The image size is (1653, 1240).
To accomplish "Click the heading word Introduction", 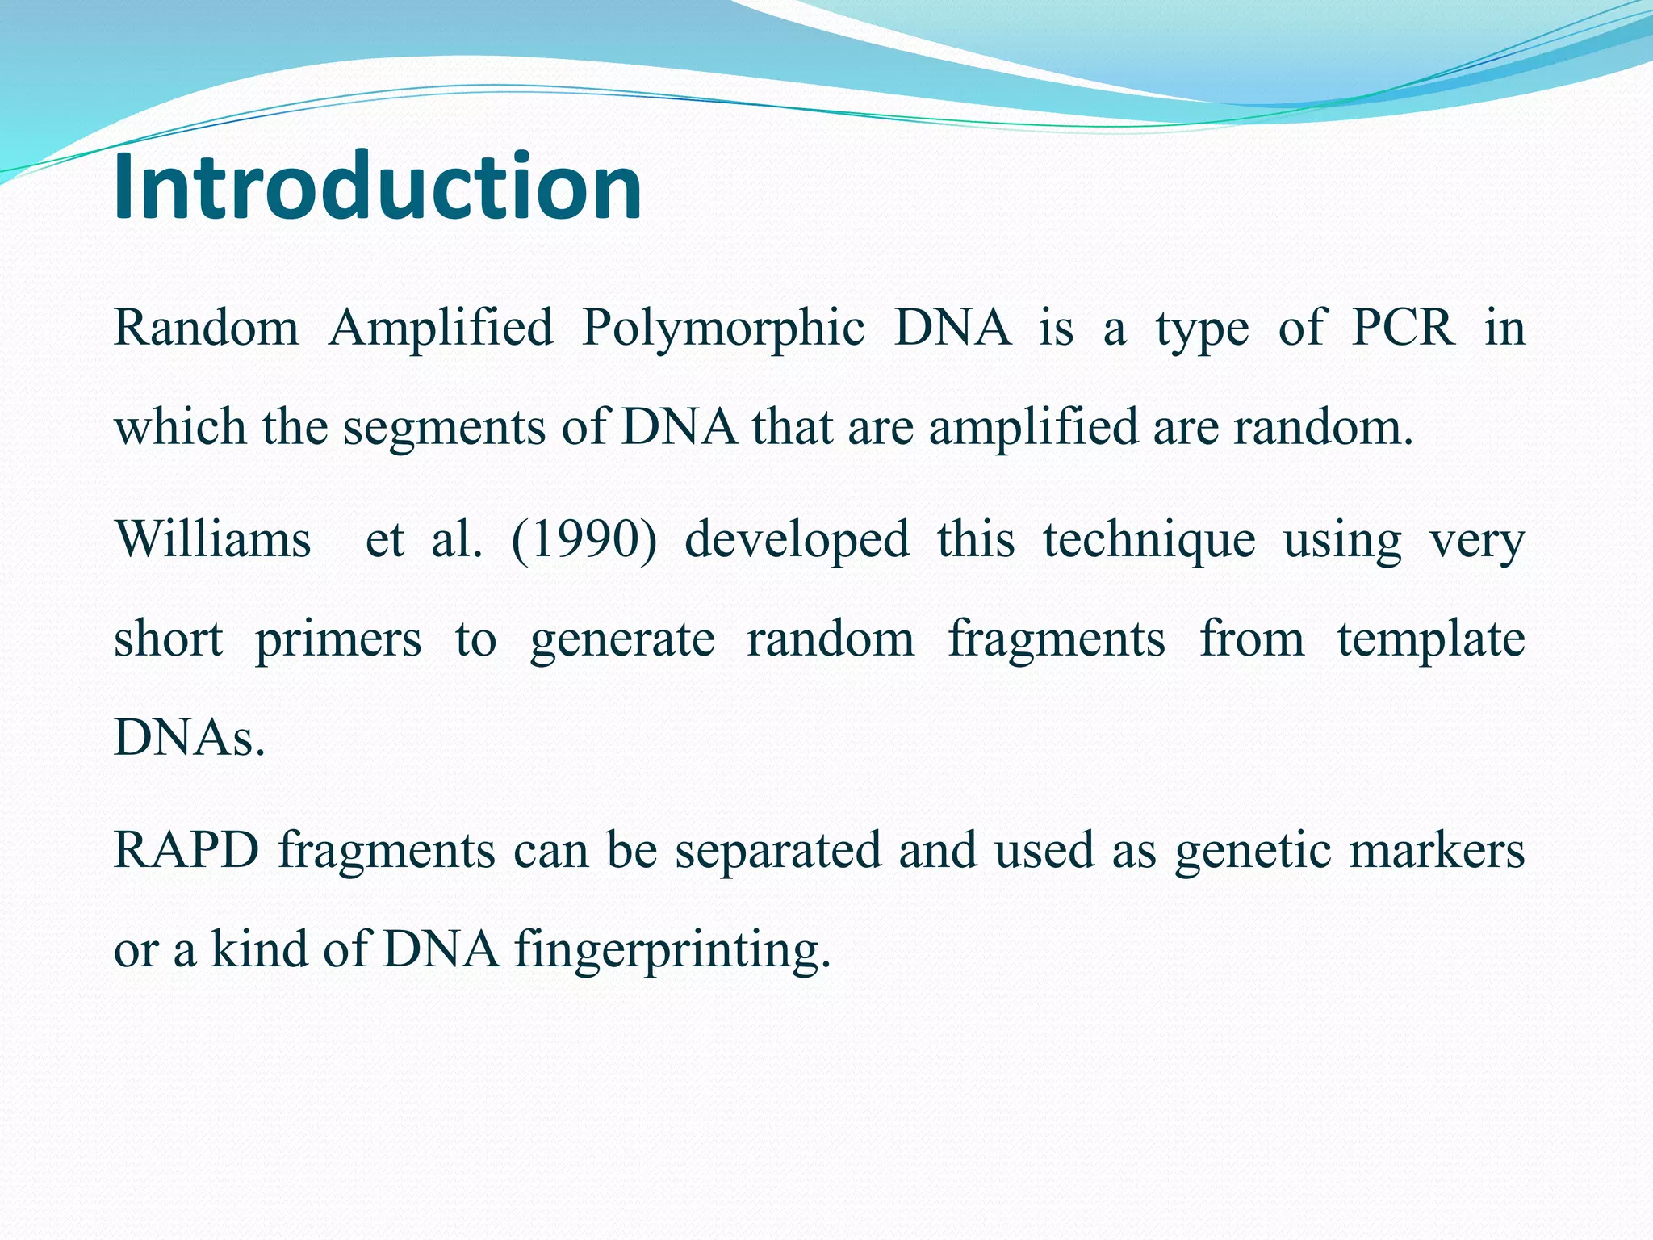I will (378, 187).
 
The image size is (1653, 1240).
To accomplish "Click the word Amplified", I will (441, 329).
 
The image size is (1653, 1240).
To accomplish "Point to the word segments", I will (445, 429).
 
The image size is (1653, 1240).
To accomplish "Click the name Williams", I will (212, 539).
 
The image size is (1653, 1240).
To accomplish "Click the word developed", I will (797, 539).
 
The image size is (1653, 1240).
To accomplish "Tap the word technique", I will (1149, 539).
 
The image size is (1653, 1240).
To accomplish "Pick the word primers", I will (338, 640).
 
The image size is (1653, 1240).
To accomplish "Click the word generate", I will (621, 640).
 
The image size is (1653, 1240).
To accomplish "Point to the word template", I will (1430, 640).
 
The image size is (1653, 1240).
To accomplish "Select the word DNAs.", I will (190, 737).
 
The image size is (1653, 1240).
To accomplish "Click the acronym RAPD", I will (186, 850).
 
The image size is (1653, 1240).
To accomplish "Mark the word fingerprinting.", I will (672, 950).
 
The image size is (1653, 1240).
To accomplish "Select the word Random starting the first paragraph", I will (207, 329).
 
